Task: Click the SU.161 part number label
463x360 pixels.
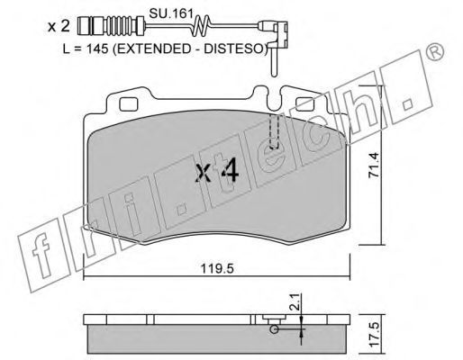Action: click(170, 13)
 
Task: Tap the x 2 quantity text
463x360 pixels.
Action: click(59, 27)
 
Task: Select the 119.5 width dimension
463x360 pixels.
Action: click(217, 268)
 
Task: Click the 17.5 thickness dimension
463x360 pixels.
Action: click(374, 335)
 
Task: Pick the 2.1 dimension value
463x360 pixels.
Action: click(295, 301)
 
